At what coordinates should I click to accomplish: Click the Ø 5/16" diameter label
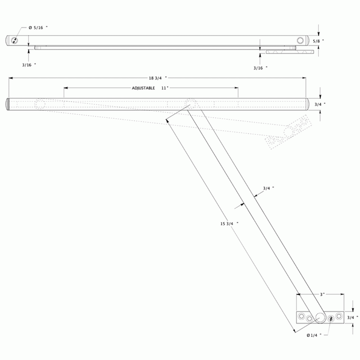click(x=38, y=28)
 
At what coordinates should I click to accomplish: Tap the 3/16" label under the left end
click(x=29, y=65)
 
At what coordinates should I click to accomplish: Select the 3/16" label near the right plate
click(x=261, y=67)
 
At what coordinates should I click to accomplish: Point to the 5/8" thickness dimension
click(x=319, y=41)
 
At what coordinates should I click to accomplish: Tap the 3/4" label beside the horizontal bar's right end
click(x=320, y=104)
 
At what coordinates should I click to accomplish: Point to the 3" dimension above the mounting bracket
click(x=322, y=294)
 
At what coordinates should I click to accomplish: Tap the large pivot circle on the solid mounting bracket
click(x=320, y=317)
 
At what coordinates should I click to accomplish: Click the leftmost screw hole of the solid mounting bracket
click(x=301, y=315)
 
